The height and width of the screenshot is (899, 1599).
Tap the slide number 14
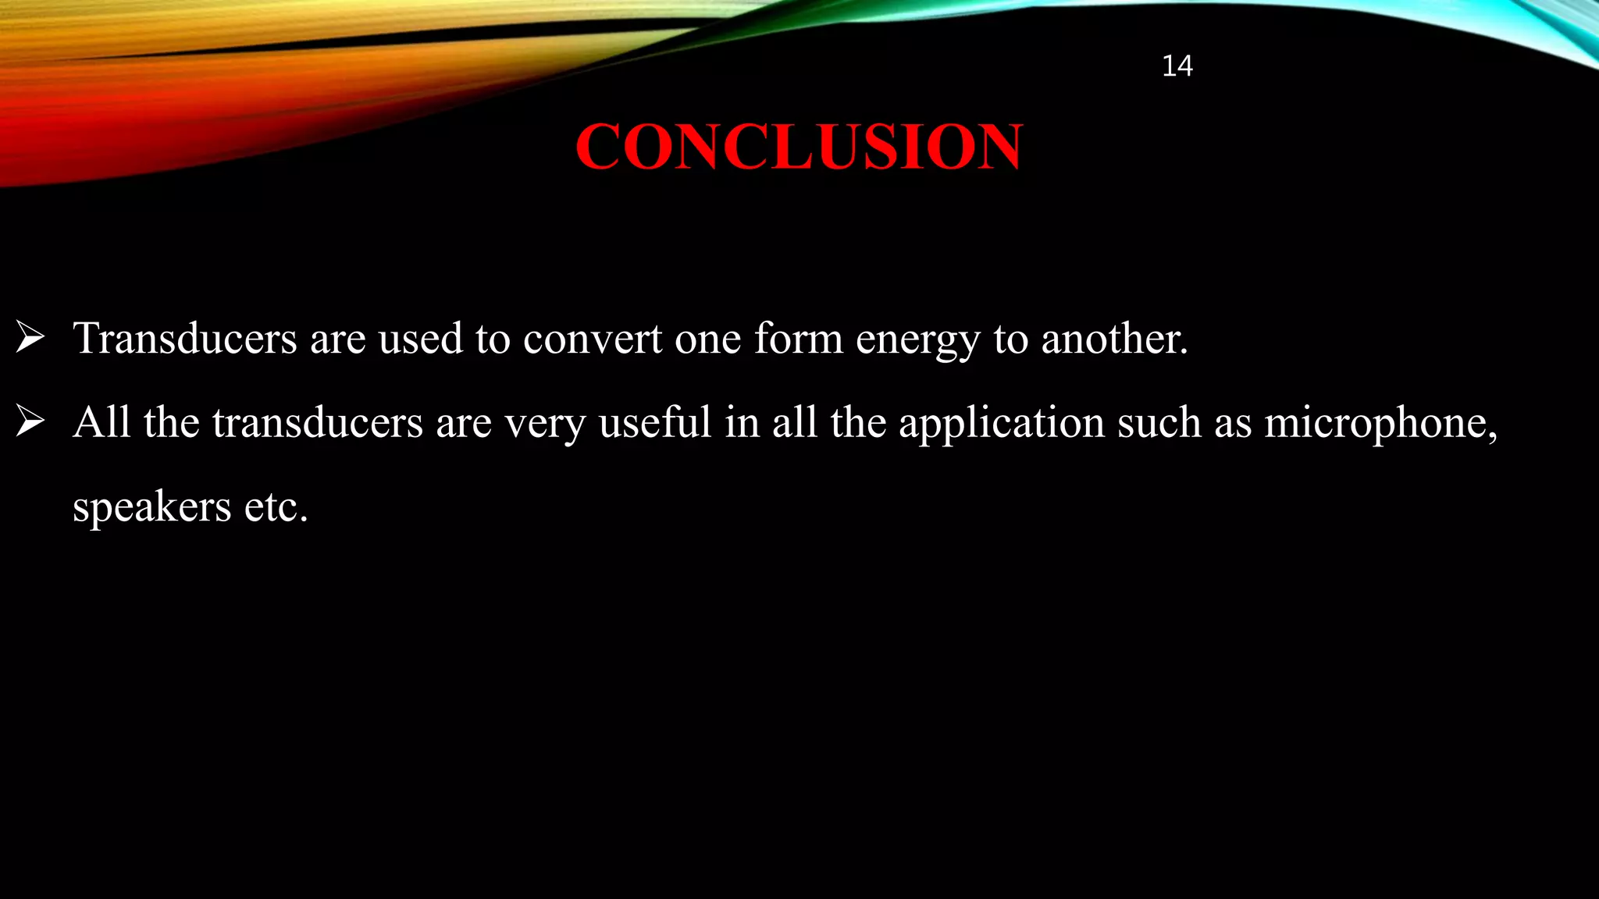1177,66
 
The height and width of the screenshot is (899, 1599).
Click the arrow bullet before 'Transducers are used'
30,338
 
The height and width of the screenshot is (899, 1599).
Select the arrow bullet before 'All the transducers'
30,422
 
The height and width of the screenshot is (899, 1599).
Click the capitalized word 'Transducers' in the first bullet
185,339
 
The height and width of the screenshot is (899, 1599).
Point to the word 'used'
421,339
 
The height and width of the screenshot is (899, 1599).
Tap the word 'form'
798,339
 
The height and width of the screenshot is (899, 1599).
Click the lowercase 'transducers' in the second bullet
317,423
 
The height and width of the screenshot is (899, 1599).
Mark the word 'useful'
655,423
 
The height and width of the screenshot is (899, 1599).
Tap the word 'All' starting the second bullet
101,422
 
